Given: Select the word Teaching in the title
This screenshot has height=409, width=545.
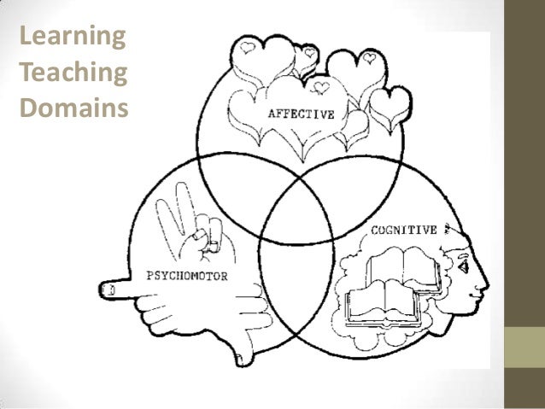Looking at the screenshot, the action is coord(73,74).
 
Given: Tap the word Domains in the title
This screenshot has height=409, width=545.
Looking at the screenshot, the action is coord(72,109).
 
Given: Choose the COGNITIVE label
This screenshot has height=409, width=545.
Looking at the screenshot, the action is coord(403,230).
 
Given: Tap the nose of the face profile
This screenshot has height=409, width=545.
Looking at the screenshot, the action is coord(484,282).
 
